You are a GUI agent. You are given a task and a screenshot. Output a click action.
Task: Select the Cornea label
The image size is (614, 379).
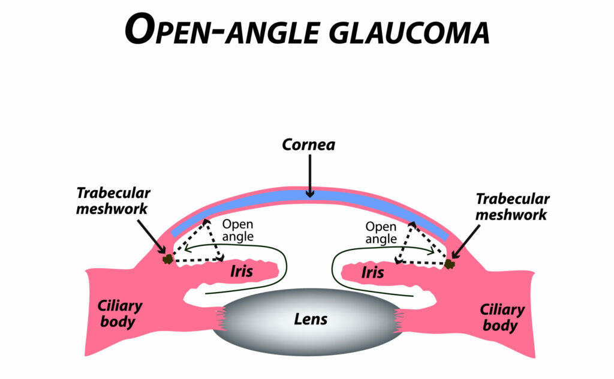point(309,145)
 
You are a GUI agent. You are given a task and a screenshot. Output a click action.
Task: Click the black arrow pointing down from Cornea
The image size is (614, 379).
point(309,175)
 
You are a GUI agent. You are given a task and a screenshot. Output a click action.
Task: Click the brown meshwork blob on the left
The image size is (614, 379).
point(167,258)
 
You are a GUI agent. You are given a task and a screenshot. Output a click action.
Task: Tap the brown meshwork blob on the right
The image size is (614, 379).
point(449,263)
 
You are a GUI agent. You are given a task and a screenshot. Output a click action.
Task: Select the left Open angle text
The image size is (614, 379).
point(238,230)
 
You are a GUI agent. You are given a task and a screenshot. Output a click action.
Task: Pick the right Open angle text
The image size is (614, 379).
point(381,233)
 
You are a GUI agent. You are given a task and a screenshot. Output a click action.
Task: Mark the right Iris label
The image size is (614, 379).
point(372,273)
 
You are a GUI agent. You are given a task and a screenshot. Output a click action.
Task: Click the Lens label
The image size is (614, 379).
point(311,318)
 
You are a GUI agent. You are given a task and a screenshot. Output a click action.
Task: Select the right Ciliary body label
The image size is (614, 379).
point(502,317)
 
